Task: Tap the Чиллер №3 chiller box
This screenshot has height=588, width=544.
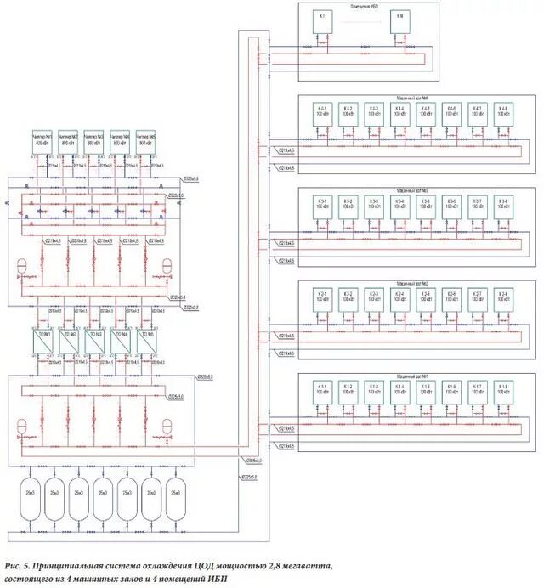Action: [95, 141]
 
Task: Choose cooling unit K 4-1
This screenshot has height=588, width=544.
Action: [322, 113]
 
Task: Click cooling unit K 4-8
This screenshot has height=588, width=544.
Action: [504, 113]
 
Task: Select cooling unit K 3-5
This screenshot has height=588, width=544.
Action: [426, 205]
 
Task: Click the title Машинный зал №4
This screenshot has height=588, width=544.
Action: [413, 97]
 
